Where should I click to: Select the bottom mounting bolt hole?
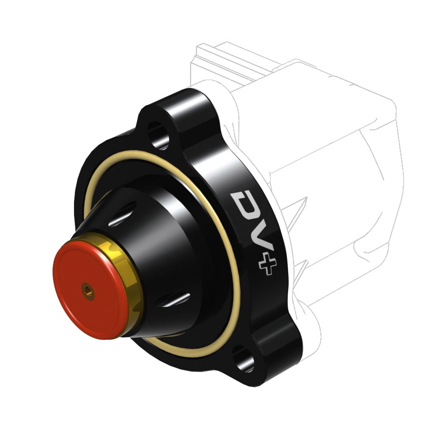[243, 358]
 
